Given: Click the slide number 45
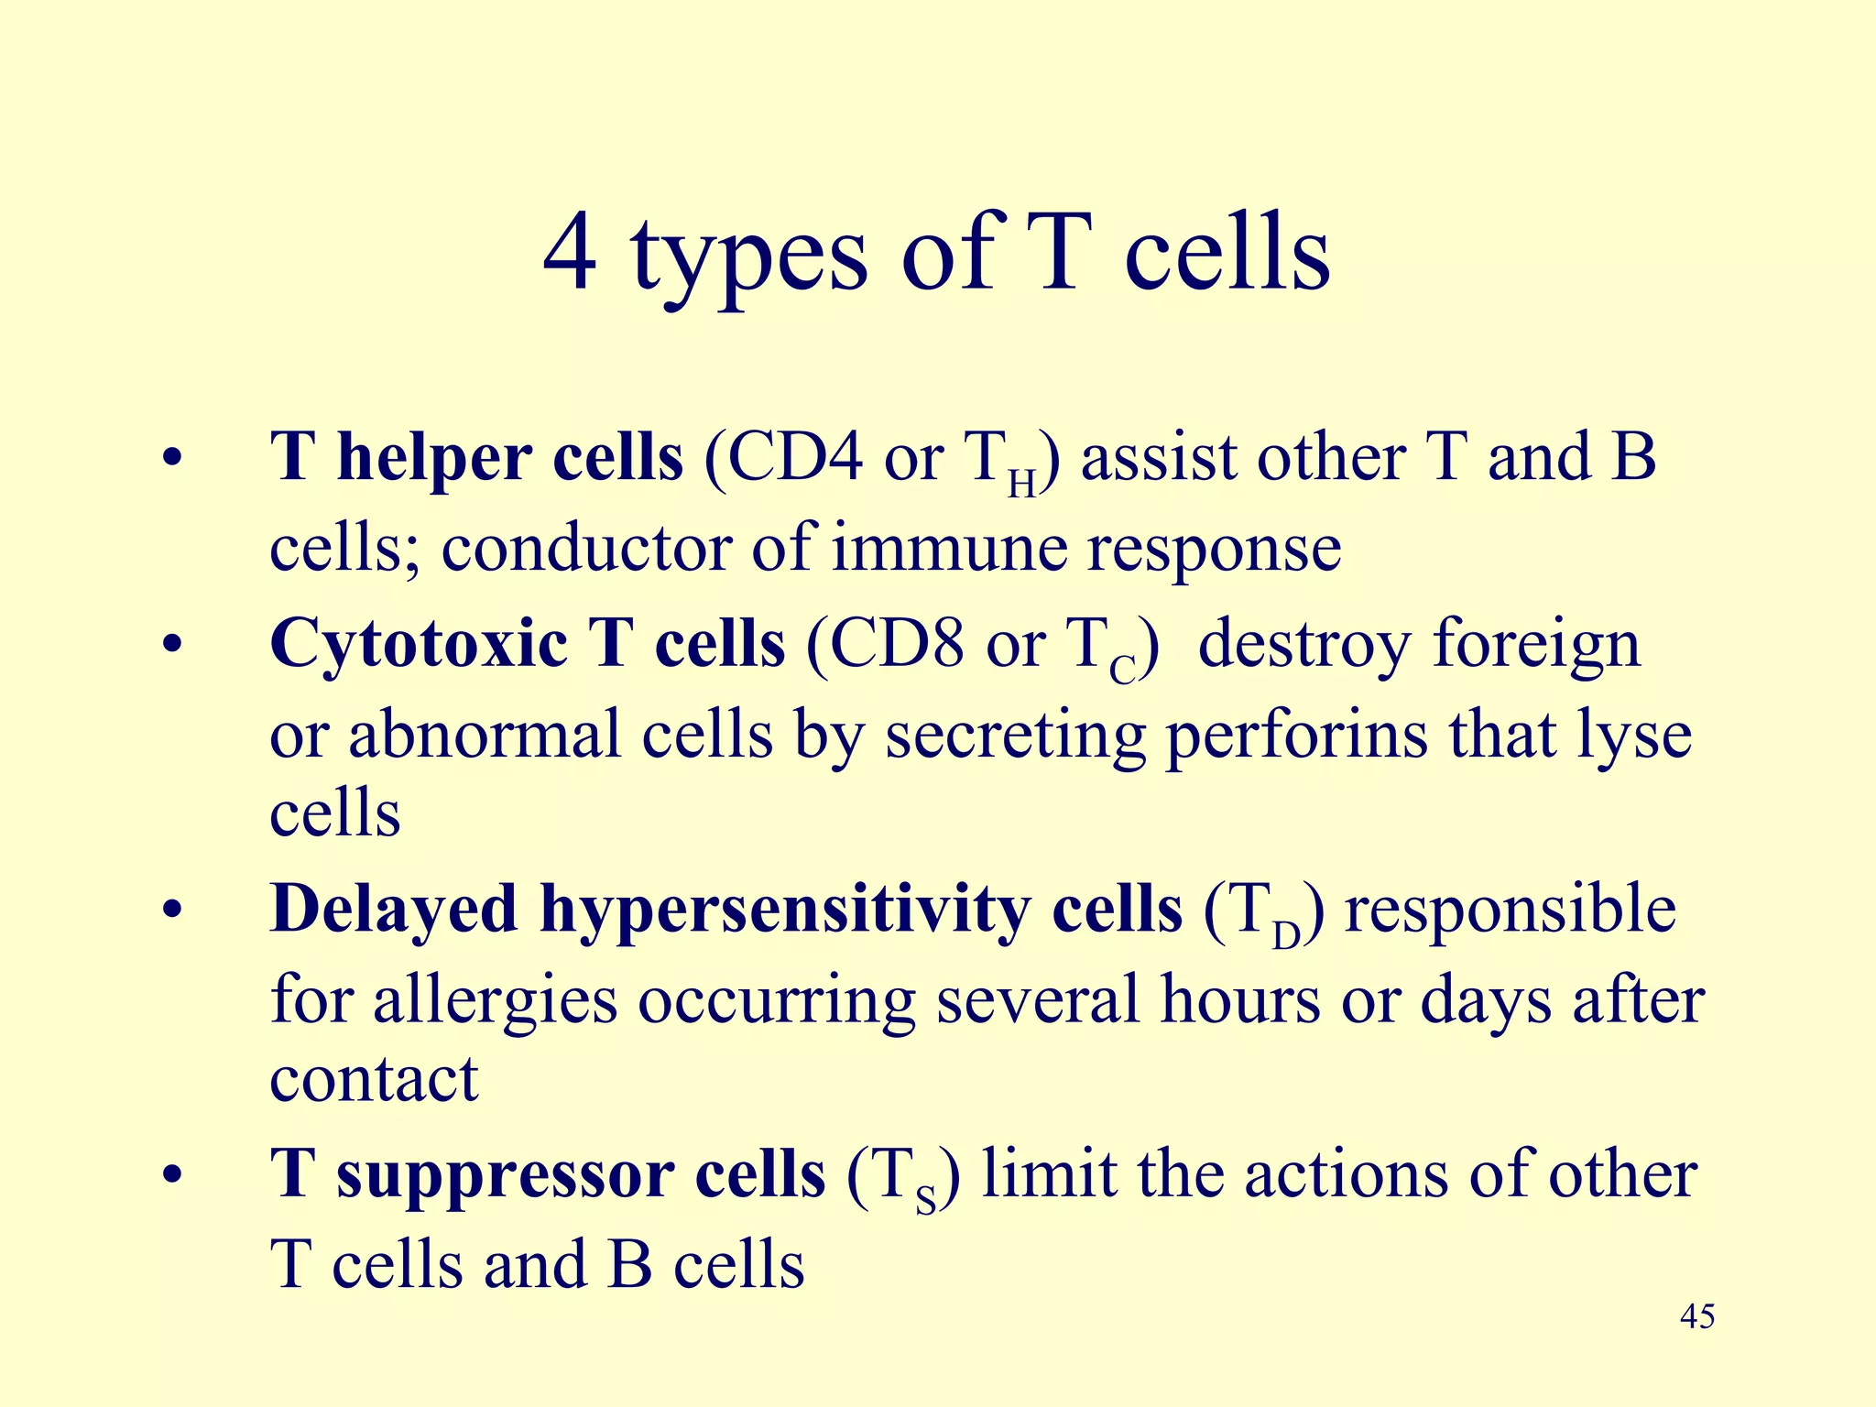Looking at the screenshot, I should (x=1697, y=1317).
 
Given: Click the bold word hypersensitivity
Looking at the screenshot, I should (x=784, y=911).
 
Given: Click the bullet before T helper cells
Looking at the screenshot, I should (x=171, y=458).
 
